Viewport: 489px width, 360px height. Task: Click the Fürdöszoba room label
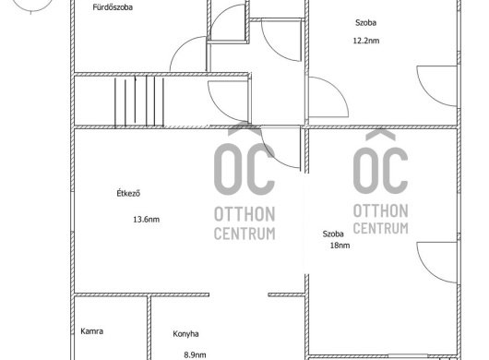(113, 7)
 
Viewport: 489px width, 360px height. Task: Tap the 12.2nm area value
(366, 41)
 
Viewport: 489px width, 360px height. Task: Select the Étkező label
(128, 193)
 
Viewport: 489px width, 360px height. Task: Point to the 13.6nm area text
(147, 220)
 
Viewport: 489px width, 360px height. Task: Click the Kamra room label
(92, 331)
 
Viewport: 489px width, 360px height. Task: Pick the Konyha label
(185, 334)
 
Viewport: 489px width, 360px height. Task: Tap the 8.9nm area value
(195, 354)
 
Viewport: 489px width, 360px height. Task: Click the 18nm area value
(340, 246)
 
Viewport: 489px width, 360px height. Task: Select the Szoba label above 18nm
(333, 234)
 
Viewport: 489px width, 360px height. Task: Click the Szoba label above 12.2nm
(365, 22)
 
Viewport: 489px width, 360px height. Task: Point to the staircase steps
(139, 102)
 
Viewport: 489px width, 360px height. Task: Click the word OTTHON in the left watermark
(244, 214)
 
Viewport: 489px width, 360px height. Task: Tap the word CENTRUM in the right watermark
(380, 228)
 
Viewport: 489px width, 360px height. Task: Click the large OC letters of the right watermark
(380, 170)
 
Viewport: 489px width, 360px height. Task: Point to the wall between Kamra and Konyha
(149, 328)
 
